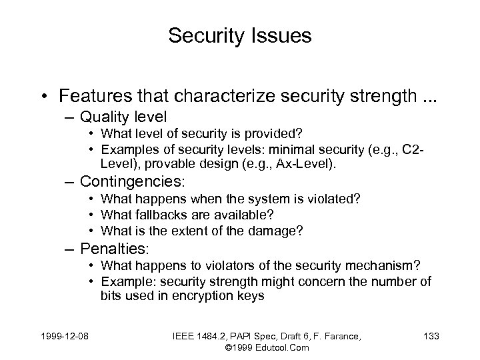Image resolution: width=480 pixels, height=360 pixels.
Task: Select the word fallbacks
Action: pos(159,214)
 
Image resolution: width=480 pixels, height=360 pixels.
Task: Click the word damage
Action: pos(279,230)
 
